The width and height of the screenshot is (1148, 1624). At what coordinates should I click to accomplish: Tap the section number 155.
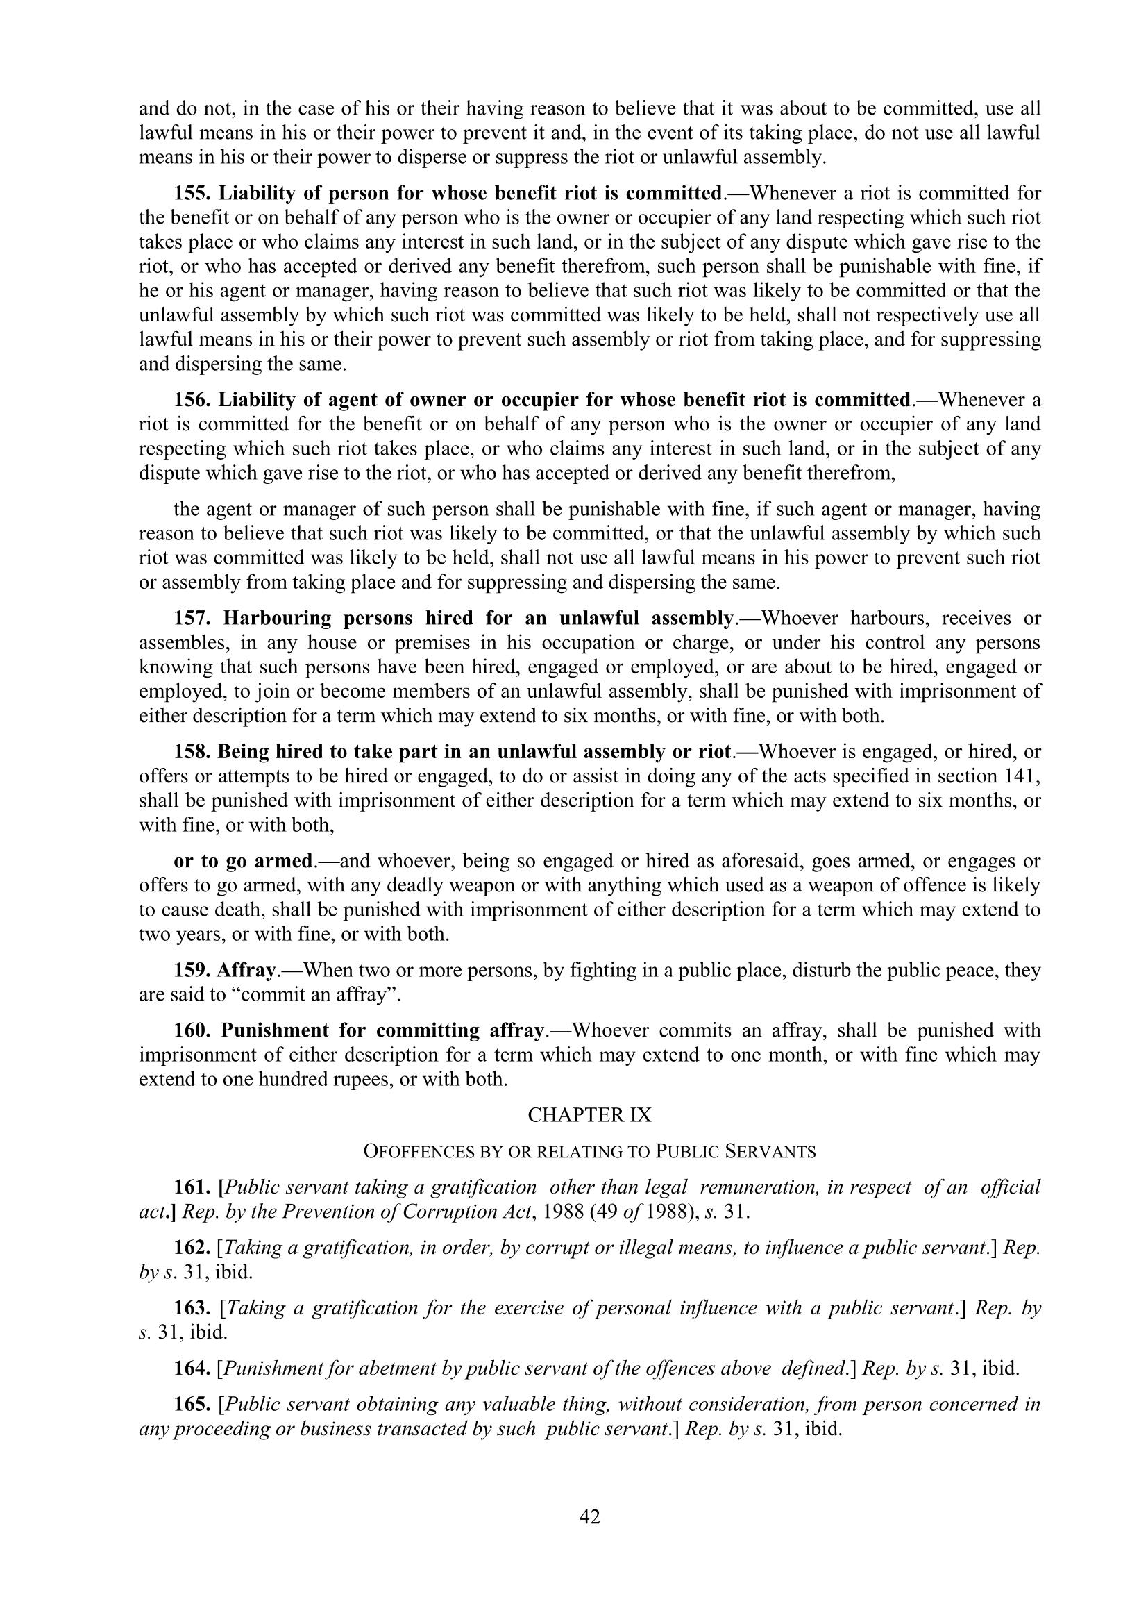[x=193, y=193]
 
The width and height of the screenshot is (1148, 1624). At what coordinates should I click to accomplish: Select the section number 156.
[x=193, y=401]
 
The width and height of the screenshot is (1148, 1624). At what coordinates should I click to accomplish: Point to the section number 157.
[x=193, y=618]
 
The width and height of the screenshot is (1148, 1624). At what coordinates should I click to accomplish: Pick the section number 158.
[x=193, y=751]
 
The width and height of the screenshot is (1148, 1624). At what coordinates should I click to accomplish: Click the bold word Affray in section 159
[x=246, y=970]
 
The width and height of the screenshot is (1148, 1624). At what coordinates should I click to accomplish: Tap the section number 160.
[x=193, y=1030]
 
